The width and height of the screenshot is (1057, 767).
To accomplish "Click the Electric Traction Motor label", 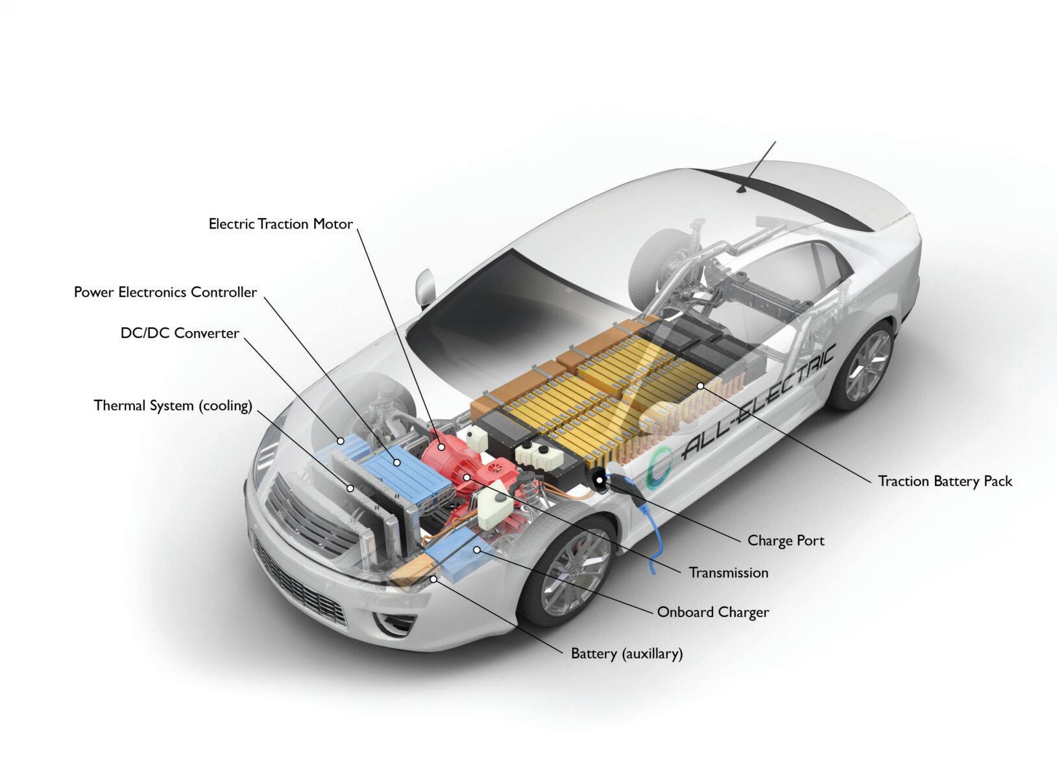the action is coord(280,225).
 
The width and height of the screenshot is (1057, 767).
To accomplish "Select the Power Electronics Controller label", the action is coord(165,293).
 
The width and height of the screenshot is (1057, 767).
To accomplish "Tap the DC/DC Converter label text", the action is coord(180,334).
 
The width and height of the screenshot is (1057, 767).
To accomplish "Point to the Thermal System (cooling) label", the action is coord(173,406).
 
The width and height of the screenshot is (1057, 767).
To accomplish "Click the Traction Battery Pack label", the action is coord(945,481).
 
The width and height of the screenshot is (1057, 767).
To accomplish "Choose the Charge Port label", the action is coord(786,541).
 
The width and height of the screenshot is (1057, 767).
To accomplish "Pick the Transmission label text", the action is coord(728,573).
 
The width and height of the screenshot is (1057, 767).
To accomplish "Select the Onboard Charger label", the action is coord(712,612).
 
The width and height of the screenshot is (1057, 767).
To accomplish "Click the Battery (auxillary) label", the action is coord(627,653).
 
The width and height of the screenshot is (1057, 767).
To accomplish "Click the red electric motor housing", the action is coord(448,454).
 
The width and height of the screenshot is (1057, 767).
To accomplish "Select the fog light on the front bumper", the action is coord(393,623).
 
